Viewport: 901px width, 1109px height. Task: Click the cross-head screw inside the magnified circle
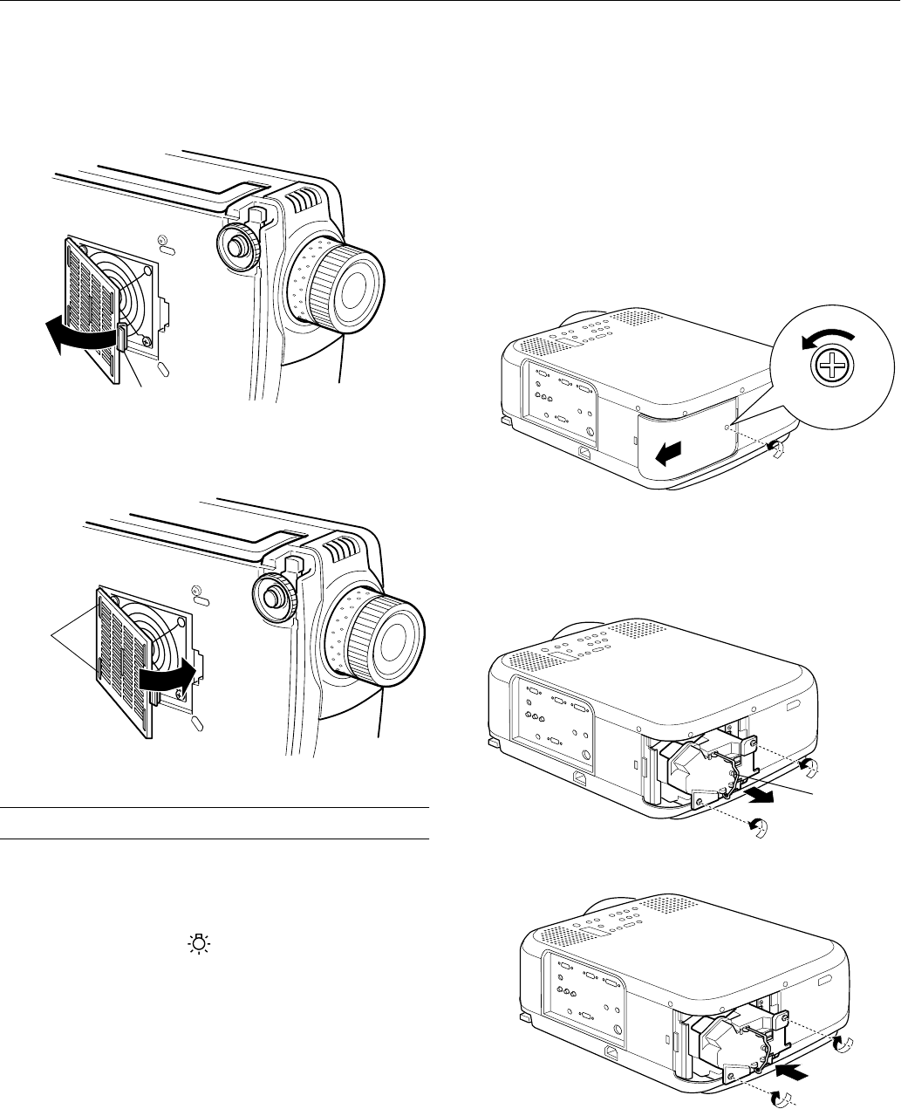(x=825, y=370)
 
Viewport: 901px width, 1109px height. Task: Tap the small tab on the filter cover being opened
(x=123, y=337)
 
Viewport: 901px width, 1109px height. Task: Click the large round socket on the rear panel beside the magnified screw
(x=591, y=430)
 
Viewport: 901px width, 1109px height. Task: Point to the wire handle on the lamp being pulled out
(x=737, y=768)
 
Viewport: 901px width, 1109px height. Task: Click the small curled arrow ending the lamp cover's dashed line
(x=775, y=448)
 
